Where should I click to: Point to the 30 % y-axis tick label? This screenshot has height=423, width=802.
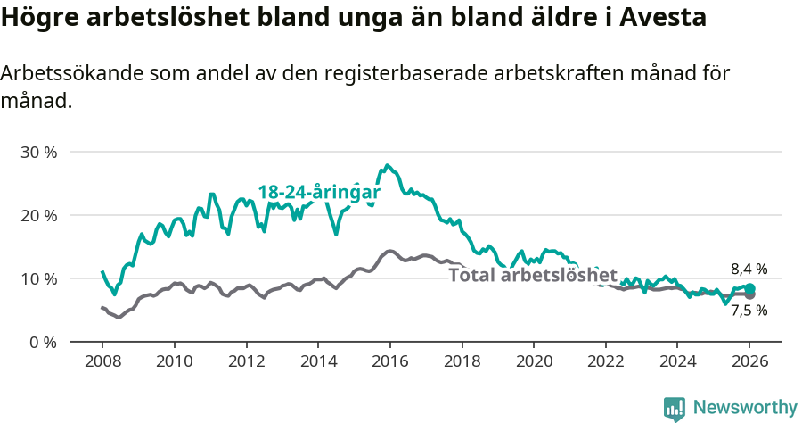click(38, 152)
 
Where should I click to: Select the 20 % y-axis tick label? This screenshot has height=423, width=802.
click(38, 215)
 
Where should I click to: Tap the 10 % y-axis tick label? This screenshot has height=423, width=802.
click(38, 278)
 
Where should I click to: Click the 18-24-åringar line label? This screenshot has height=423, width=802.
click(319, 193)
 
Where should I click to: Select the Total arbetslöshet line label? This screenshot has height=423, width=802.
click(533, 275)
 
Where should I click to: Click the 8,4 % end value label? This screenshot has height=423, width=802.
click(749, 269)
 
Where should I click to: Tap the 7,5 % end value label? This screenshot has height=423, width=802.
click(749, 311)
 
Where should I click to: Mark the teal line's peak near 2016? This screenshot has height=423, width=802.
click(387, 165)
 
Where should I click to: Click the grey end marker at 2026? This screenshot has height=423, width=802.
click(750, 294)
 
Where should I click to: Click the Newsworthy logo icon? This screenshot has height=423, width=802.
click(675, 409)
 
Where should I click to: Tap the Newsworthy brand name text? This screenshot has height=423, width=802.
click(744, 408)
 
